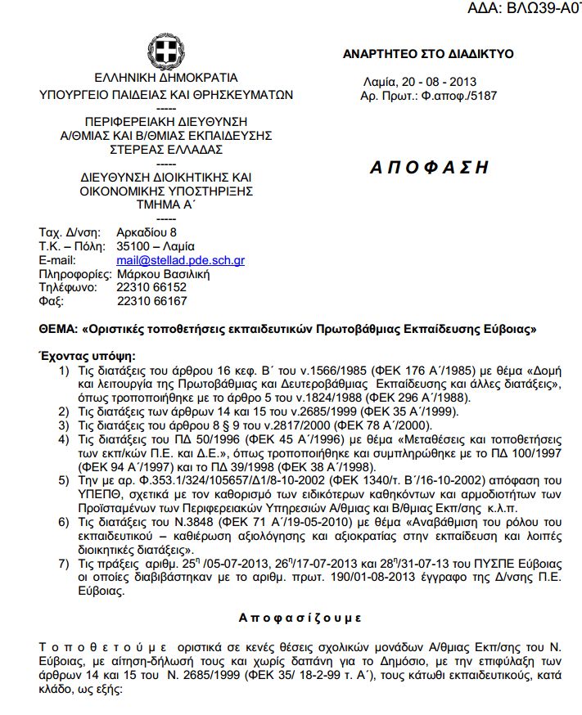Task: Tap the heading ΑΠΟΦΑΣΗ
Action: [429, 168]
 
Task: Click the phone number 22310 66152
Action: [152, 288]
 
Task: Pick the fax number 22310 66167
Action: [152, 302]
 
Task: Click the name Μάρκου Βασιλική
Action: [164, 274]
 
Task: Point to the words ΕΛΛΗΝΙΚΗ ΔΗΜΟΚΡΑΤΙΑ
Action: [166, 79]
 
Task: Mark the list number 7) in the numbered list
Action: [63, 564]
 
